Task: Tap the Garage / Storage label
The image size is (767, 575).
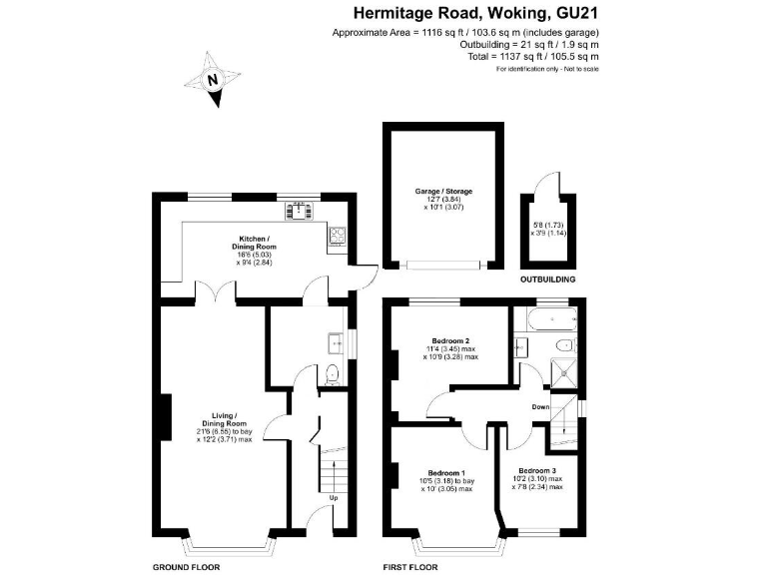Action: tap(443, 191)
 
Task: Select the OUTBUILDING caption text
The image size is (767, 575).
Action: tap(551, 281)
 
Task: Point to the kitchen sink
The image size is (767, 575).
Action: tap(299, 210)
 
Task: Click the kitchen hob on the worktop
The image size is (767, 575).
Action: tap(337, 237)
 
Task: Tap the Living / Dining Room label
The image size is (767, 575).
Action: tap(223, 418)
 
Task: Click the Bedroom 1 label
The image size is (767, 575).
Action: tap(446, 471)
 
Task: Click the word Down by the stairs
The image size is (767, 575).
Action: tap(540, 406)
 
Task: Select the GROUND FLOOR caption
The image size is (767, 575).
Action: tap(186, 566)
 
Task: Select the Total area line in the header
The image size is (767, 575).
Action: tap(543, 57)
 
